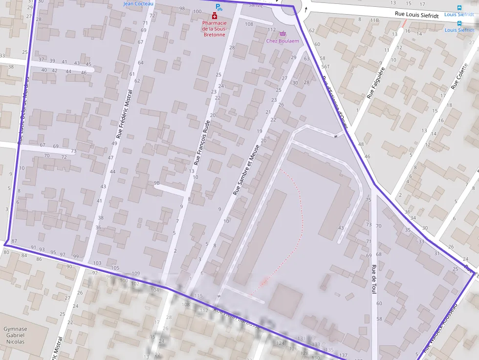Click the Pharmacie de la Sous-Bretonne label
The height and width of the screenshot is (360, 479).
pyautogui.click(x=214, y=29)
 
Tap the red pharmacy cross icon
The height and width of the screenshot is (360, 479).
pyautogui.click(x=214, y=16)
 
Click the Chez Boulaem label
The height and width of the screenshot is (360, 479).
pyautogui.click(x=283, y=41)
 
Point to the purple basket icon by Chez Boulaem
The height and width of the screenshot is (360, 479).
pyautogui.click(x=283, y=34)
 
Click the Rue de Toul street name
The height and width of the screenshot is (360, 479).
pyautogui.click(x=374, y=279)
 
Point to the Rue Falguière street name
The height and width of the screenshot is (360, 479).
pyautogui.click(x=376, y=83)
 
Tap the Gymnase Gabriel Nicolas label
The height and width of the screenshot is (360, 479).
pyautogui.click(x=15, y=335)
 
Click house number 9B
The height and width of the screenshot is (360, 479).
pyautogui.click(x=157, y=183)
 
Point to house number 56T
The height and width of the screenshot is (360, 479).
pyautogui.click(x=326, y=66)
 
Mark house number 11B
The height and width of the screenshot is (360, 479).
pyautogui.click(x=374, y=20)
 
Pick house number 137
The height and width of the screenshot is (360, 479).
pyautogui.click(x=343, y=355)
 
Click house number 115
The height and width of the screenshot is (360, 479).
pyautogui.click(x=198, y=296)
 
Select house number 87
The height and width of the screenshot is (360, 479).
pyautogui.click(x=14, y=241)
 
